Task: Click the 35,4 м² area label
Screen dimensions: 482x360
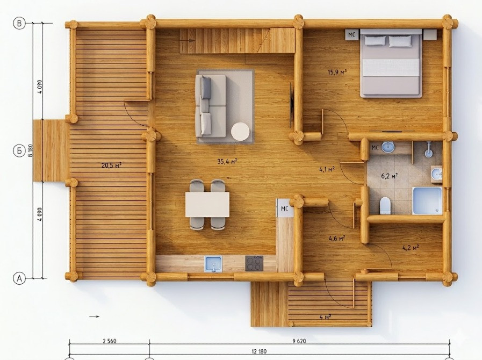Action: (227, 161)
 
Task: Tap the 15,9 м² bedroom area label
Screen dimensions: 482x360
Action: (337, 72)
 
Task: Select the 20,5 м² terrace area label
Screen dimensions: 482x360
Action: (112, 165)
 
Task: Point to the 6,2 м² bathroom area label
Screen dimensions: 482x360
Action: (390, 176)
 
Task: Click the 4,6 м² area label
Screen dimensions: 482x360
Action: (336, 238)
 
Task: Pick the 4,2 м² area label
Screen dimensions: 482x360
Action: (411, 247)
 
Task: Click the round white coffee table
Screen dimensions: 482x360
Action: (240, 132)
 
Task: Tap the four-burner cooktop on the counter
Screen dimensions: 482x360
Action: (254, 263)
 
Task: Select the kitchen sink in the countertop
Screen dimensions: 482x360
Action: (213, 264)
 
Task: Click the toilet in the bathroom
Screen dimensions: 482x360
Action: (385, 205)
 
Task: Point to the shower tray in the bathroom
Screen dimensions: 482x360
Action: (427, 200)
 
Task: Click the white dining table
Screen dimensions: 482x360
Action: (207, 204)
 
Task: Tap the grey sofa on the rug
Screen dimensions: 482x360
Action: (211, 106)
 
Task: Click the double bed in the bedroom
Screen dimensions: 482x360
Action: (391, 63)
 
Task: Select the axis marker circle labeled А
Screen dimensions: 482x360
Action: (19, 278)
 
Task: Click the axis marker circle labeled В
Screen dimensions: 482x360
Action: (19, 23)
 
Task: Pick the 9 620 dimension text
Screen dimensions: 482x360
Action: (299, 341)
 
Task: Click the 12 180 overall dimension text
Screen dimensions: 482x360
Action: (259, 351)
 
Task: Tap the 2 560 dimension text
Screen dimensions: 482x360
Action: (110, 341)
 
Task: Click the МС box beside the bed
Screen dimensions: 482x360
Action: (351, 35)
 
